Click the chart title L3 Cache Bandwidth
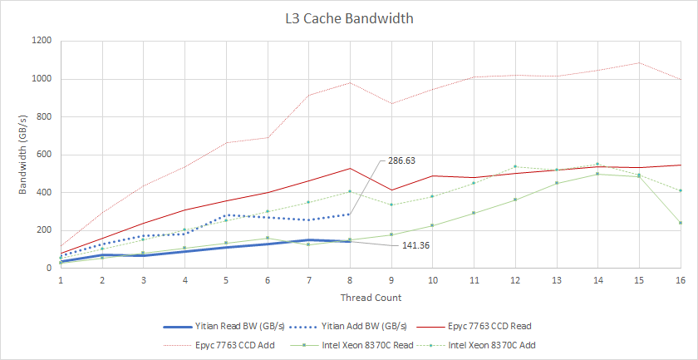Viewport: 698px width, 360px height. pyautogui.click(x=349, y=18)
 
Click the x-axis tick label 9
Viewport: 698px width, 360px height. pyautogui.click(x=391, y=281)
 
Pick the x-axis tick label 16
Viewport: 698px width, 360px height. pyautogui.click(x=680, y=281)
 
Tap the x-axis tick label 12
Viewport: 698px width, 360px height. pyautogui.click(x=514, y=281)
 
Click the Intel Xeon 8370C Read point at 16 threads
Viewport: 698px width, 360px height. pyautogui.click(x=680, y=223)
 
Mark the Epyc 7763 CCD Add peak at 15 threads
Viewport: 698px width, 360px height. pyautogui.click(x=638, y=63)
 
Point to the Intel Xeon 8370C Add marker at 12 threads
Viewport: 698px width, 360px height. pyautogui.click(x=514, y=166)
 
